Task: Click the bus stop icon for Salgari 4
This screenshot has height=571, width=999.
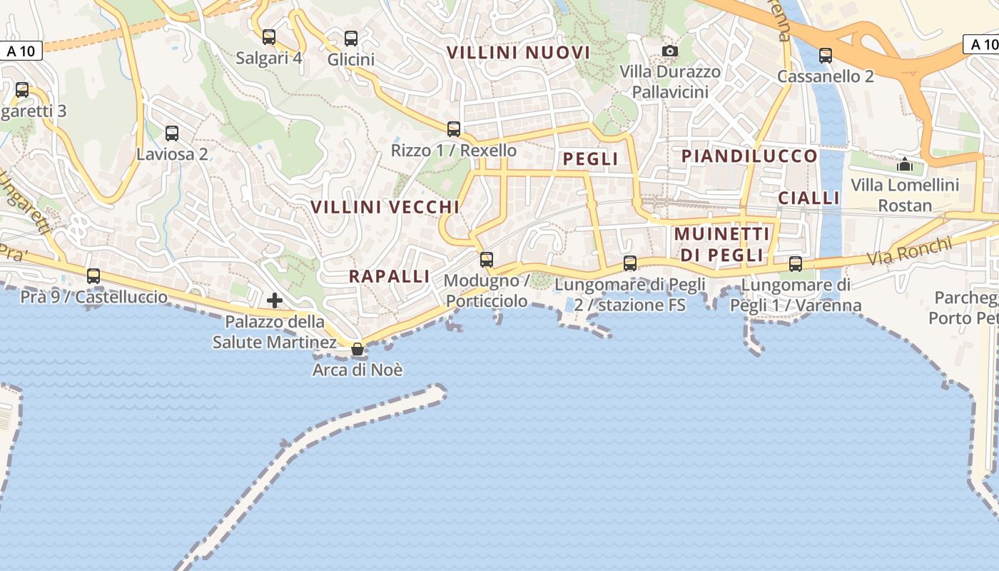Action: [269, 36]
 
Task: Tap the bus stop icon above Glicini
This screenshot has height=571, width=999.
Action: [351, 39]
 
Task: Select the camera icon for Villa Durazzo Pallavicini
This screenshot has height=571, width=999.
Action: [669, 51]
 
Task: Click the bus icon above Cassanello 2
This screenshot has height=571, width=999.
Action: [826, 55]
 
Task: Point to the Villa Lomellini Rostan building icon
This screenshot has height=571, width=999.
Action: [905, 164]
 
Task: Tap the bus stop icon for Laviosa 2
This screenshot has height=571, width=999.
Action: [172, 133]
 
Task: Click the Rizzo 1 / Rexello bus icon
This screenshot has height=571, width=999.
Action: [454, 129]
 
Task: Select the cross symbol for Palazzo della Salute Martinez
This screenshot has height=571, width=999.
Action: [275, 300]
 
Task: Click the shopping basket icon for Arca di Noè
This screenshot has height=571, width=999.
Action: [357, 349]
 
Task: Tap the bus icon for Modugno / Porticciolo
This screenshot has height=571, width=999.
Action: [487, 259]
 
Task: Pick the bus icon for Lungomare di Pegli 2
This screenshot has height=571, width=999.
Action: [630, 263]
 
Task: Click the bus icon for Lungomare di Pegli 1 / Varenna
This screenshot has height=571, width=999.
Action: [796, 264]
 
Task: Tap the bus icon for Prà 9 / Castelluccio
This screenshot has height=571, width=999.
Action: [93, 276]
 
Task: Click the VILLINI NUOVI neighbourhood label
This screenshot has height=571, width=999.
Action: [518, 52]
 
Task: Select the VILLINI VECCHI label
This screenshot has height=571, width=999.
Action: [385, 207]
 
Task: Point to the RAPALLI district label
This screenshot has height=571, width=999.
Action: [390, 276]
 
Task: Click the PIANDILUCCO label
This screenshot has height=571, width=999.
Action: [749, 156]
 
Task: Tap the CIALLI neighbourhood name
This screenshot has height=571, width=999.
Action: [808, 198]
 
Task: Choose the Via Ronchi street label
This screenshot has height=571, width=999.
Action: [909, 252]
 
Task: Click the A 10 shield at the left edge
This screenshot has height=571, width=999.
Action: [21, 51]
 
